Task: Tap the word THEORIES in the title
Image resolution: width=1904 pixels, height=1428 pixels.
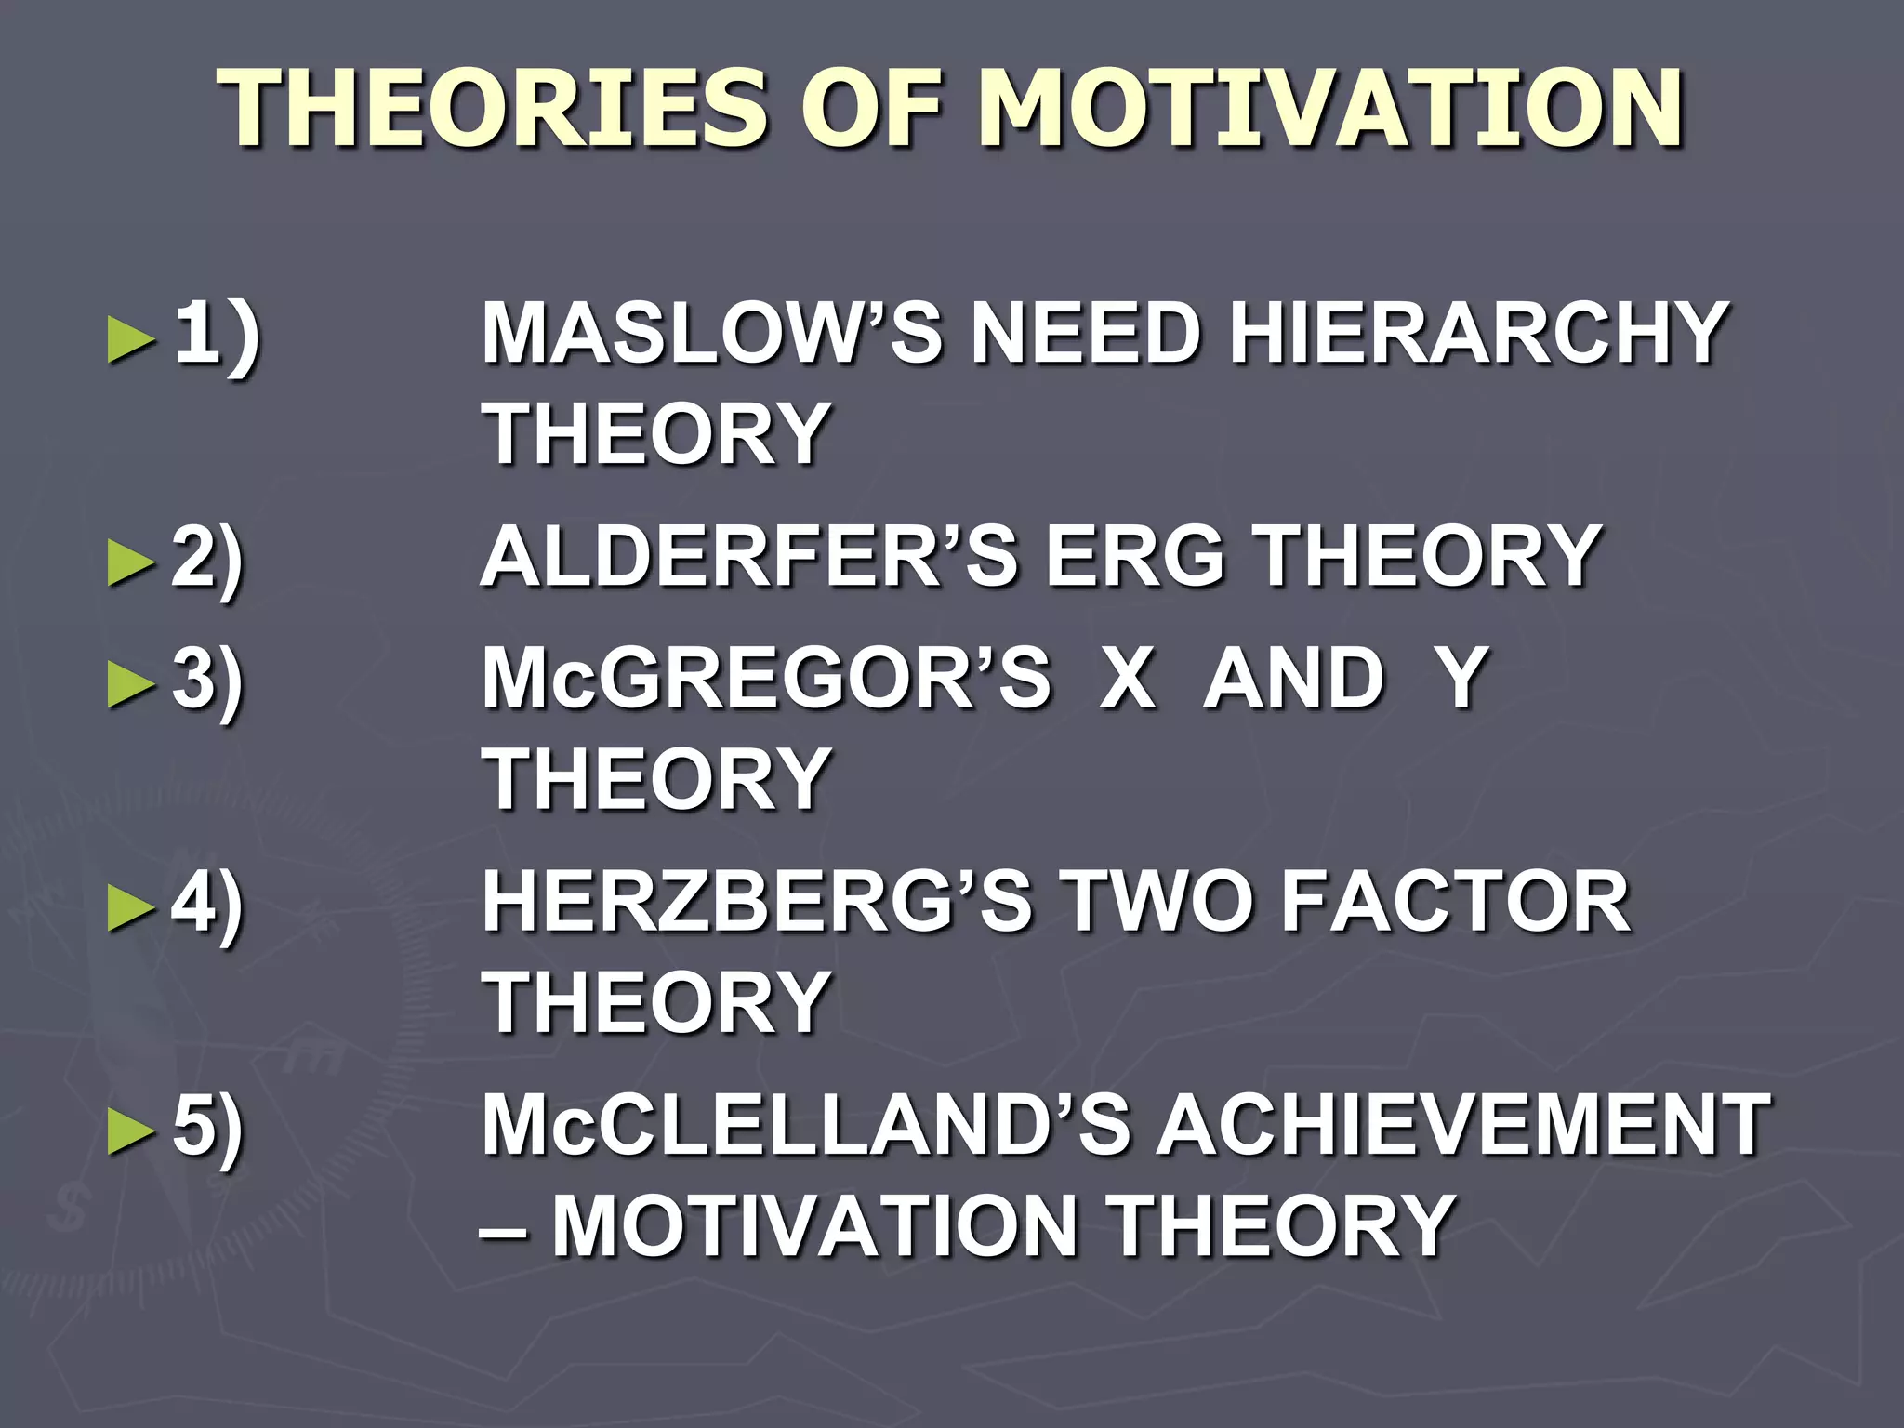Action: pos(494,109)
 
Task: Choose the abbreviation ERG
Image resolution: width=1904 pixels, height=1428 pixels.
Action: pos(1136,557)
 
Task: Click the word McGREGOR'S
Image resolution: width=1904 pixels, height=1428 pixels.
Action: pos(766,678)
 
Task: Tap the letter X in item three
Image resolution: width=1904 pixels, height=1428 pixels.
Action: pos(1127,678)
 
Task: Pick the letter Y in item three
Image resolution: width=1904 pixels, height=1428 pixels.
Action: pos(1461,678)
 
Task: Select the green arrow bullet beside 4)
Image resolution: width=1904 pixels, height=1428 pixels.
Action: pos(130,907)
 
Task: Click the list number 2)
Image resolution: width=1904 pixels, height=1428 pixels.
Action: pos(207,559)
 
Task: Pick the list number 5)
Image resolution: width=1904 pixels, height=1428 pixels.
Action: pos(207,1127)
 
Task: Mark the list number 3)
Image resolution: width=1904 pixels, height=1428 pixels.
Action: pos(207,680)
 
